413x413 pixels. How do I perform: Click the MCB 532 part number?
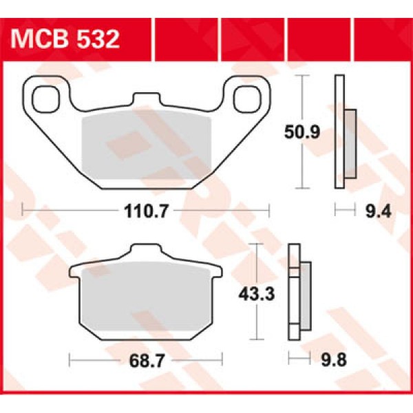(x=65, y=38)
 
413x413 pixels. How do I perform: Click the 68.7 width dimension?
(x=147, y=359)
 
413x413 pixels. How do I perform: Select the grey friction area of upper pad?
(x=146, y=148)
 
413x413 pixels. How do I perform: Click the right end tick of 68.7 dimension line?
(x=223, y=359)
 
